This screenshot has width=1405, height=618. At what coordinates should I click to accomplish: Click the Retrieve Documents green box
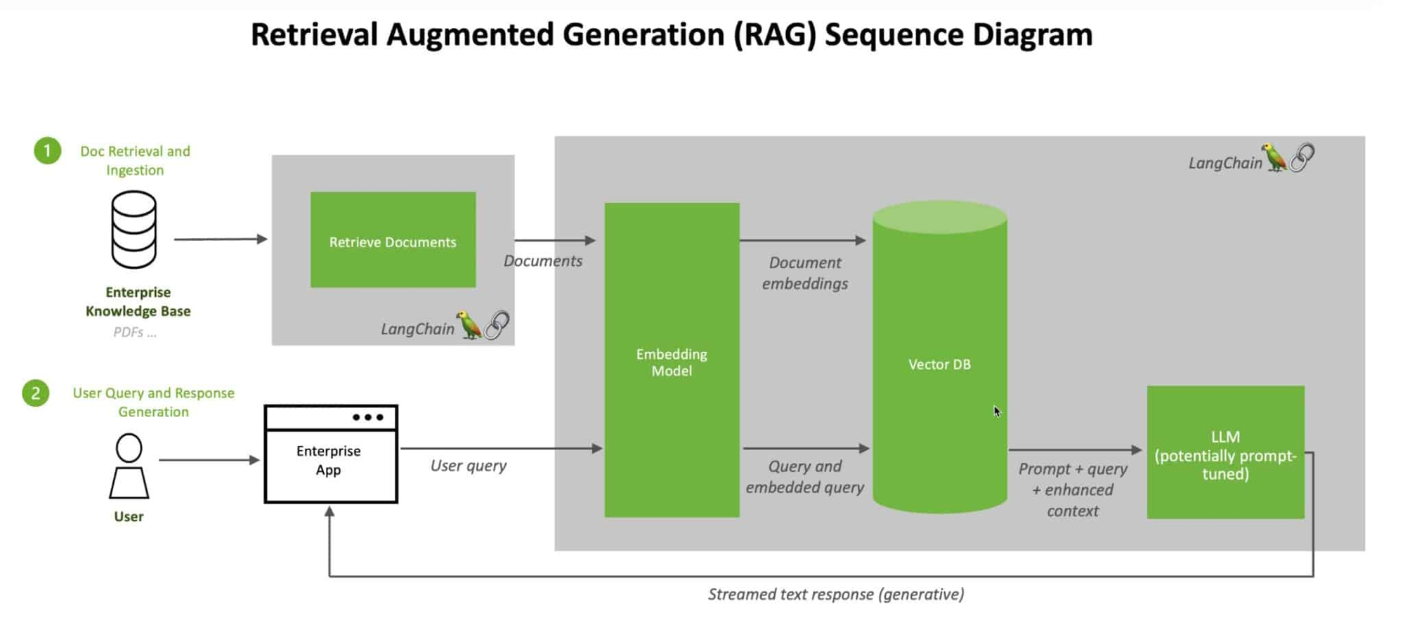393,239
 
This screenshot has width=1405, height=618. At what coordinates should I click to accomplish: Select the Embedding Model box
672,360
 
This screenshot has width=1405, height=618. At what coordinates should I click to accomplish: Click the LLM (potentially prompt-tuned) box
1225,452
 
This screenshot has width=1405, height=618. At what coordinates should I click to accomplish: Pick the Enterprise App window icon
331,454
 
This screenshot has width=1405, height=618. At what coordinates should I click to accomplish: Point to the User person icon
129,466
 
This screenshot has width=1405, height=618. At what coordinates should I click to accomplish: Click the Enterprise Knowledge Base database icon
133,230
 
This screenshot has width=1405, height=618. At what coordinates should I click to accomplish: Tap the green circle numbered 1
48,151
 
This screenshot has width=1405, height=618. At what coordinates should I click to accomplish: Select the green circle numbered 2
36,393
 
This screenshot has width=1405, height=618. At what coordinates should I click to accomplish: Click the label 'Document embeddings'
805,273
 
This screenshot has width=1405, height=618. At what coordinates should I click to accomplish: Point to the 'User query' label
468,466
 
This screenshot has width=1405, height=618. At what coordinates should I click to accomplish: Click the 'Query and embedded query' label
805,477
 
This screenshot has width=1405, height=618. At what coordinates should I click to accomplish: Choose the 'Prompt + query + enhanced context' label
1073,489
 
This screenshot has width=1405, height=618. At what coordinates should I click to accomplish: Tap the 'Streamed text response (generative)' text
836,594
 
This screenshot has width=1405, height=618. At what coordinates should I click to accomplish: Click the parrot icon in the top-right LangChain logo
1274,158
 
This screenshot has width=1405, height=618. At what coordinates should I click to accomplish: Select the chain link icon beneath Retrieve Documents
497,324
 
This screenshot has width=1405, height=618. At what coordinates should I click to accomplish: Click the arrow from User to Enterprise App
209,460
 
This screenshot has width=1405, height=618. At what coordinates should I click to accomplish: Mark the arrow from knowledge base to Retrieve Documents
221,239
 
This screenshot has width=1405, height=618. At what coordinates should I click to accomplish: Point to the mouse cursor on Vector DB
997,412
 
